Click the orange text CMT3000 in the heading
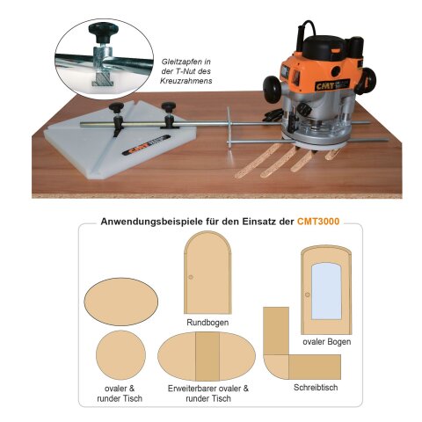318,221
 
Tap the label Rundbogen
207,323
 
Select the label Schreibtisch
316,388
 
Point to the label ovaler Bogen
327,342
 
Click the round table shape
120,355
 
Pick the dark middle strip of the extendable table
207,356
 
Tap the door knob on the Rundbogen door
191,277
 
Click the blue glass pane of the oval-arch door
326,291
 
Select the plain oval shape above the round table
121,302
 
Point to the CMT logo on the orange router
324,85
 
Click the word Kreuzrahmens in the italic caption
186,81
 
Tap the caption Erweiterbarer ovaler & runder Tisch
208,393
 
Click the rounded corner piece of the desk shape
277,367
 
